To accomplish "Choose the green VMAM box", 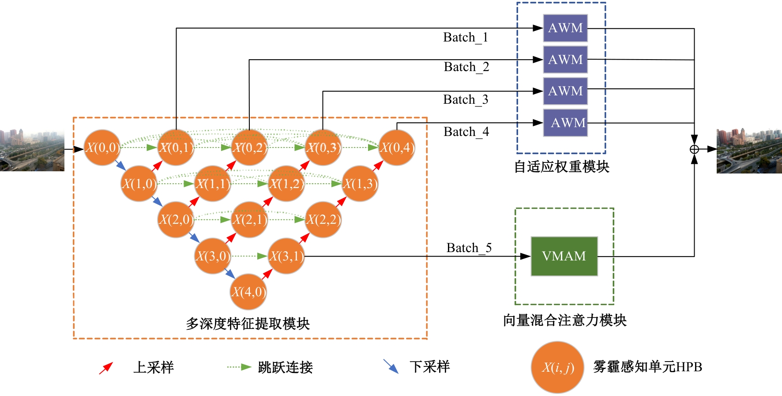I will (564, 256).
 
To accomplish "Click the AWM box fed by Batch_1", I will (565, 28).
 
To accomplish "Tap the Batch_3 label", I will (466, 100).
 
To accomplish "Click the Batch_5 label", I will (469, 248).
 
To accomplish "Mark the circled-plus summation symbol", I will (694, 149).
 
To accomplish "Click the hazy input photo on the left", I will (32, 150).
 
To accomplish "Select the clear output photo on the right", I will (749, 151).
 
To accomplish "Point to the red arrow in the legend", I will (106, 368).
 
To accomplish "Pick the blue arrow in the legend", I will (391, 366).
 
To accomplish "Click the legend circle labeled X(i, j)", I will (557, 367).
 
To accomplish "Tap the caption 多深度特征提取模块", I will (248, 324).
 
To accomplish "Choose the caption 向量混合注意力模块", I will (564, 320).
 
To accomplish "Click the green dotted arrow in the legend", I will (239, 367).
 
